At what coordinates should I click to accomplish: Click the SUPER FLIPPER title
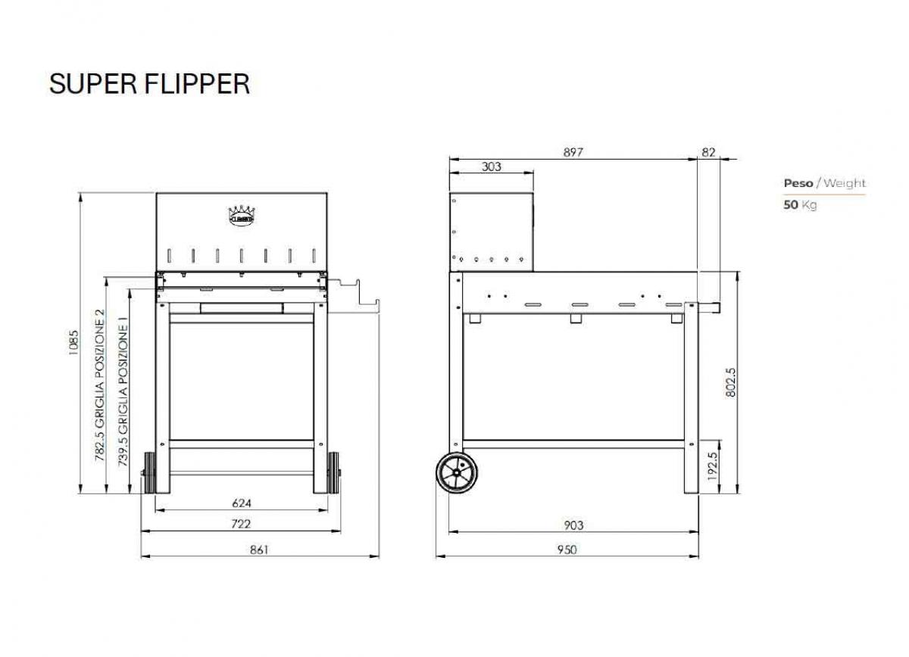149,83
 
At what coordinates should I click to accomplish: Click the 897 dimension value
573,152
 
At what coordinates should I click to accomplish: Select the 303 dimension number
492,167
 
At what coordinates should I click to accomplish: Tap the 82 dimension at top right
708,152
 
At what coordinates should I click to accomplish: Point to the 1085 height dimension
73,343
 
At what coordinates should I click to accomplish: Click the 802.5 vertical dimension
730,382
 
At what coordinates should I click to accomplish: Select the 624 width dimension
241,503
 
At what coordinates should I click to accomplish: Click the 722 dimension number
241,523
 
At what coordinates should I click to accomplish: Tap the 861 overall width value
259,550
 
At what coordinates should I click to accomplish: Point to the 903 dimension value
573,525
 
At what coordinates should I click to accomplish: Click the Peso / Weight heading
824,183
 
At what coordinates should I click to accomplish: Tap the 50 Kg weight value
800,204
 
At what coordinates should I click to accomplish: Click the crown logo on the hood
241,214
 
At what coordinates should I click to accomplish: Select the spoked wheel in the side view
457,474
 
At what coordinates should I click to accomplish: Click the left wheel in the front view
148,474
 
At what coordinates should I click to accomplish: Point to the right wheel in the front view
333,474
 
